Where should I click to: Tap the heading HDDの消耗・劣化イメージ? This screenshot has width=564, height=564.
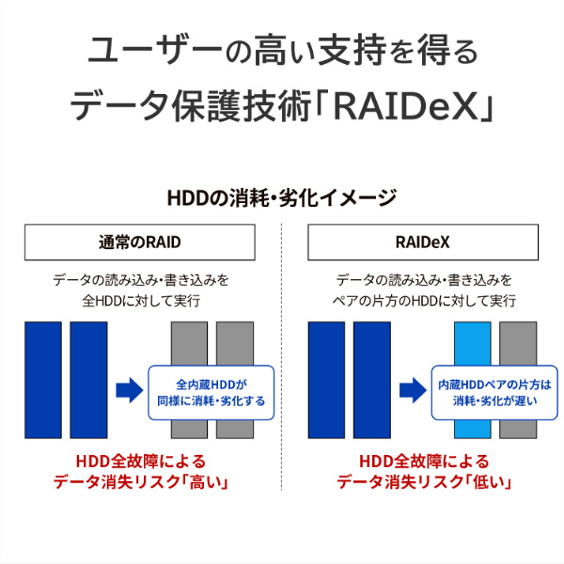tap(281, 198)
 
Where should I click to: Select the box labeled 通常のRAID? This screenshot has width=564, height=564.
tap(140, 243)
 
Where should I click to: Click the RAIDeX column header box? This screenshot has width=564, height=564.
tap(423, 243)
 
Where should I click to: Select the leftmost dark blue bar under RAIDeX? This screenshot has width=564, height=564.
tap(326, 380)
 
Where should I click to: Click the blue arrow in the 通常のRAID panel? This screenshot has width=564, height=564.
tap(128, 390)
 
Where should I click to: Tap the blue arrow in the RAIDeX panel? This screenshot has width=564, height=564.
tap(411, 390)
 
